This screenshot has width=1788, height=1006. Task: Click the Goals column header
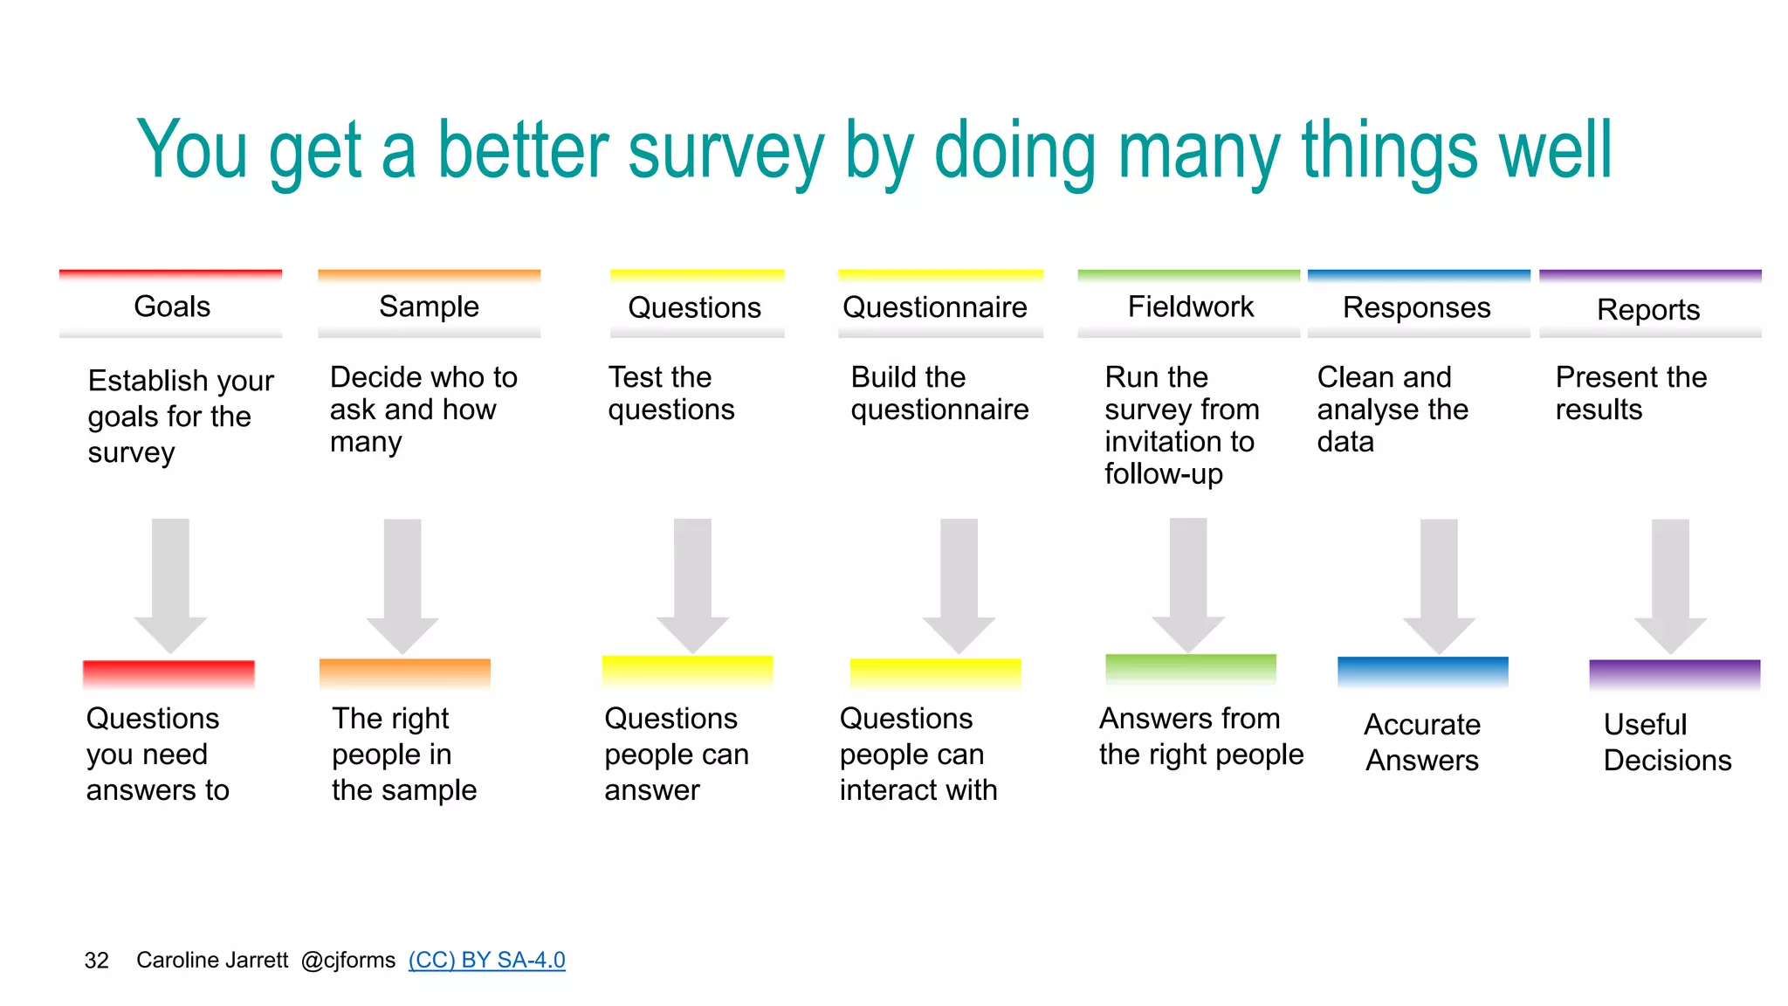tap(172, 307)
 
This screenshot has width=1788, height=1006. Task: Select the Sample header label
tap(429, 307)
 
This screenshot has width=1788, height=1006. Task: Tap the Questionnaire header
tap(934, 307)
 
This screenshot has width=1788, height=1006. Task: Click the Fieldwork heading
tap(1190, 307)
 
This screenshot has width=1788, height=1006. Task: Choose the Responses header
tap(1416, 307)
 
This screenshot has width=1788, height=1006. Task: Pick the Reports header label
tap(1647, 310)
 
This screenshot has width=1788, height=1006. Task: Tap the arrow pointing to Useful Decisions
tap(1670, 585)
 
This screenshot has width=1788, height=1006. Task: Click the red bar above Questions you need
tap(168, 673)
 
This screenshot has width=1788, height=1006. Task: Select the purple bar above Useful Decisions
tap(1674, 673)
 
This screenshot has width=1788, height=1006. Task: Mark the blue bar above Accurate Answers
tap(1422, 671)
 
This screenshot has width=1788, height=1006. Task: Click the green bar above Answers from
tap(1190, 668)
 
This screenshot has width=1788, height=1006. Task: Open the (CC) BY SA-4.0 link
tap(486, 960)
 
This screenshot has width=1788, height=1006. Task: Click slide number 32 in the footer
tap(96, 961)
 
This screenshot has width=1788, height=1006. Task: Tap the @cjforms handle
tap(347, 960)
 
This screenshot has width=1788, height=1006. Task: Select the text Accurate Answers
tap(1422, 742)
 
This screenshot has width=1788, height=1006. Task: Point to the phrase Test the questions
tap(670, 393)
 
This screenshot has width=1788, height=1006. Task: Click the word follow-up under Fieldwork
tap(1163, 474)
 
